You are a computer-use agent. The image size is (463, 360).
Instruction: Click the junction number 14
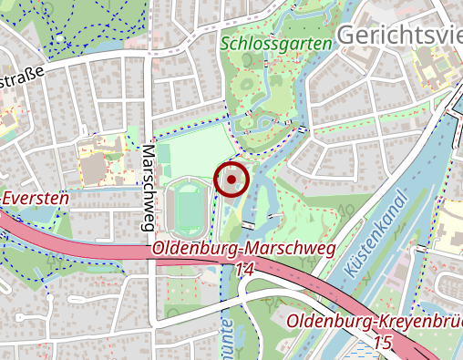(243, 270)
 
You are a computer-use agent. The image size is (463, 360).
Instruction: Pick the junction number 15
(383, 343)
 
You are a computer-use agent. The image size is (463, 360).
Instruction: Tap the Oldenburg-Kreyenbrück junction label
(375, 323)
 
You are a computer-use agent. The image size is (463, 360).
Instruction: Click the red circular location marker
(232, 180)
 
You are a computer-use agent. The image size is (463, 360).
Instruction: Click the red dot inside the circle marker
(232, 180)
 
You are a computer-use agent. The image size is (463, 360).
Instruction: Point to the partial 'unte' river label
(223, 332)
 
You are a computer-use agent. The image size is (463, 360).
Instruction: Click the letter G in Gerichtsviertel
(347, 34)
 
